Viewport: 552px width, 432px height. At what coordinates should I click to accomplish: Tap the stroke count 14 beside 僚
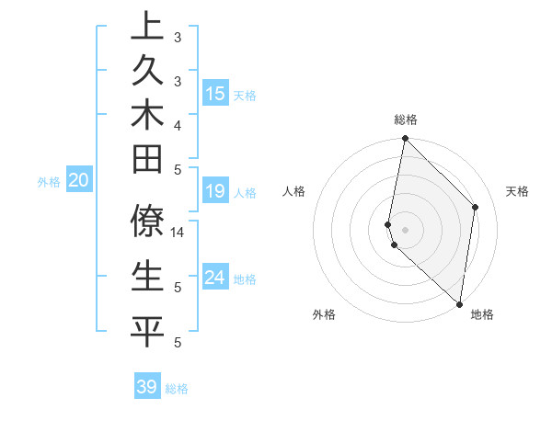(178, 233)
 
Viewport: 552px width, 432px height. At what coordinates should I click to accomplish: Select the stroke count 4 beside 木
(177, 124)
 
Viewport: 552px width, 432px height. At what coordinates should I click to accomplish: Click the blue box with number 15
(215, 94)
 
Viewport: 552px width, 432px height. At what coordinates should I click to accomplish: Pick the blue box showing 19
(215, 191)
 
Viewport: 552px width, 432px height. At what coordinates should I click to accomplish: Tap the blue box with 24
(215, 278)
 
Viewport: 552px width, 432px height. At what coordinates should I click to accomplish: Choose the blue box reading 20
(78, 181)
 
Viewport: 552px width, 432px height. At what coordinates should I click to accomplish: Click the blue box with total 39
(147, 387)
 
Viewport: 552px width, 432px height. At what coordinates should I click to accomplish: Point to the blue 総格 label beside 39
(178, 389)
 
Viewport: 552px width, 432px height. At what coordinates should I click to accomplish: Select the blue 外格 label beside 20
(49, 182)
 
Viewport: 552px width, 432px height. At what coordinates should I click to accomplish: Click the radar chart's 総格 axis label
(406, 119)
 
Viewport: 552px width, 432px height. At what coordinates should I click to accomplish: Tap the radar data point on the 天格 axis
(476, 207)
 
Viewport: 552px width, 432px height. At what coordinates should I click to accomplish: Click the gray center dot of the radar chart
(406, 229)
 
